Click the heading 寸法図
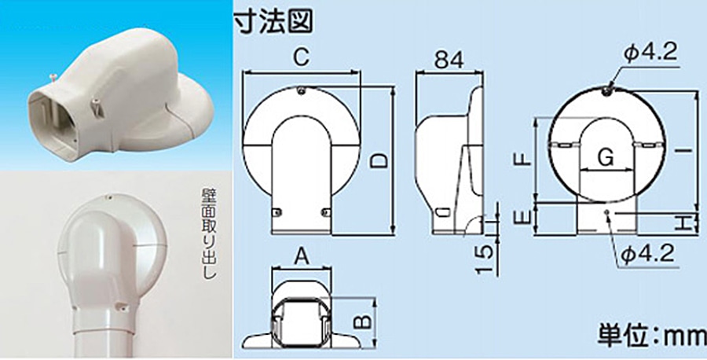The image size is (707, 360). click(x=273, y=21)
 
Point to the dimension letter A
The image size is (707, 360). click(x=302, y=258)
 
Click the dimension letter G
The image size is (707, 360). click(x=605, y=157)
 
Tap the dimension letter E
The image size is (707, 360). click(x=522, y=219)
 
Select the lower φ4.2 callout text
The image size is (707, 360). click(x=647, y=255)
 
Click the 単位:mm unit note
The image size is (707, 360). click(x=651, y=334)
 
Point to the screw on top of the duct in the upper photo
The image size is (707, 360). click(x=53, y=79)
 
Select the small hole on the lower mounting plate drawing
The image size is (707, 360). click(x=607, y=212)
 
